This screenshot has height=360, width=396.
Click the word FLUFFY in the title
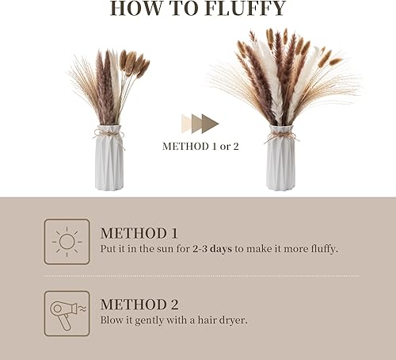pos(246,8)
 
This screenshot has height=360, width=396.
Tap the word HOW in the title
pos(135,8)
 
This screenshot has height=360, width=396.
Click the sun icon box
pos(67,242)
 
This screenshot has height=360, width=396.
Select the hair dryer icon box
pos(67,313)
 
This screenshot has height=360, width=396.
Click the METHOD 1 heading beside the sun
pos(139,233)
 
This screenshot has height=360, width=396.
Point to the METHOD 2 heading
pos(139,304)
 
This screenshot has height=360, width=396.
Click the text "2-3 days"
pos(212,249)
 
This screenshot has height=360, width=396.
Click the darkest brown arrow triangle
pos(210,124)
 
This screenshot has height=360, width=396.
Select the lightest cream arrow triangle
pos(186,124)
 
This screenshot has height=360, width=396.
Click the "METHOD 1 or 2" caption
pos(200,146)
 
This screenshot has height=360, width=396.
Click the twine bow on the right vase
pos(280,137)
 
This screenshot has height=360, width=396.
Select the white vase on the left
pos(109,158)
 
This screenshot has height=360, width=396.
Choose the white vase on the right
pos(280,158)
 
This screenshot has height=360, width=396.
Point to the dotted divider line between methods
pos(202,276)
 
